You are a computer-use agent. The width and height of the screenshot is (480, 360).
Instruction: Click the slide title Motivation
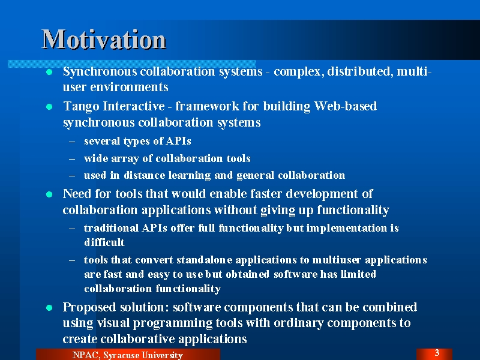[104, 39]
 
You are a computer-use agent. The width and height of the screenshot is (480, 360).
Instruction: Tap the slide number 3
[437, 353]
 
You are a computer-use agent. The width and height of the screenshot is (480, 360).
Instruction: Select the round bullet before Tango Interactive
[49, 107]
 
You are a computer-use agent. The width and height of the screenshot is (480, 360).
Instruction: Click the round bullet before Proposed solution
[49, 308]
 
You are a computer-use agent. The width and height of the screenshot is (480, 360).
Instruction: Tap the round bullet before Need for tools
[49, 194]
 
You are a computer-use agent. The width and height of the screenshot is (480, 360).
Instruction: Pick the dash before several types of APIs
[72, 142]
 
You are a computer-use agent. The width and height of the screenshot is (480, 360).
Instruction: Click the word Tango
[81, 107]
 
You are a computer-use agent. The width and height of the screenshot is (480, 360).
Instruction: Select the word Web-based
[346, 106]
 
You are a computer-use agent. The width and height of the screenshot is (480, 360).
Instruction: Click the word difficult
[104, 242]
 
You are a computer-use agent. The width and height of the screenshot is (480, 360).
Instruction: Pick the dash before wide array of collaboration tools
[72, 159]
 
